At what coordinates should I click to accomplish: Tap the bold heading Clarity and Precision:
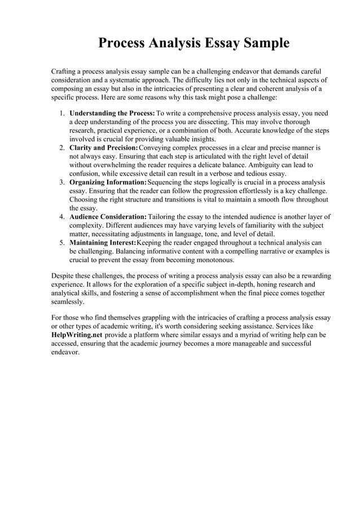[x=103, y=147]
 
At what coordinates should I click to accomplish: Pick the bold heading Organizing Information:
[x=108, y=182]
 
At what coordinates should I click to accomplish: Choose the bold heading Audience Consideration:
[x=108, y=217]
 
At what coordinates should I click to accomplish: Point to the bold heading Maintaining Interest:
[x=103, y=243]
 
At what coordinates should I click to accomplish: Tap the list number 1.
[x=62, y=113]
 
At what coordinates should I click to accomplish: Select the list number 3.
[x=62, y=182]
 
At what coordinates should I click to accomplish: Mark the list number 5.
[x=62, y=243]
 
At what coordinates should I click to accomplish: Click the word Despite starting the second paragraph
[x=64, y=276]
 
